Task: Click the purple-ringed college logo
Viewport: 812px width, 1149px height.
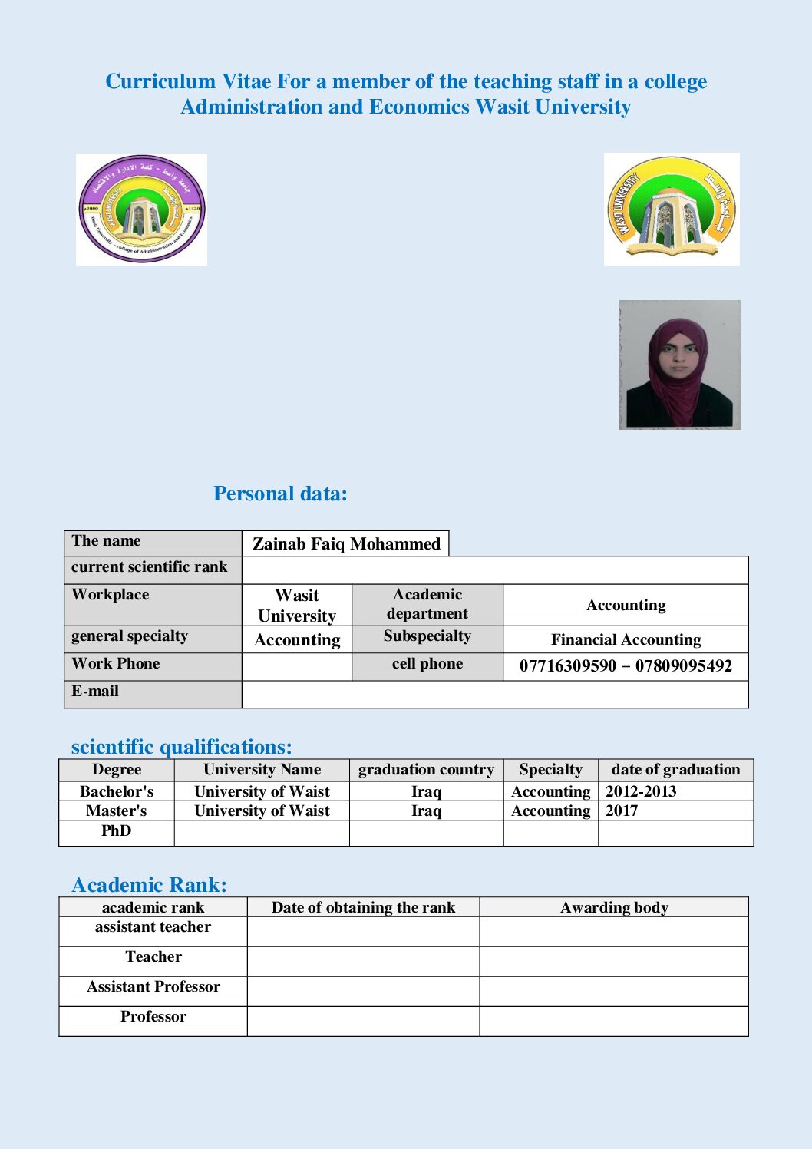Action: coord(141,209)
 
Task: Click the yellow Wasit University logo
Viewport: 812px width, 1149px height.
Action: coord(672,209)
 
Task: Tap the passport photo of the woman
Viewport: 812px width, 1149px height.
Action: coord(679,365)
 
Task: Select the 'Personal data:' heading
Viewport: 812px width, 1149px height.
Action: coord(280,494)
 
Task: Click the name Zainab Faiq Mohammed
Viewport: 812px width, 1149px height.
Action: coord(346,543)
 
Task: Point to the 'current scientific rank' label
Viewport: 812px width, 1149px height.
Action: coord(150,567)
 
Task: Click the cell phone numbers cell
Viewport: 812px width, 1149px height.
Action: coord(626,665)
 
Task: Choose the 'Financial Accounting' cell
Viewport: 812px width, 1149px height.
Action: coord(626,639)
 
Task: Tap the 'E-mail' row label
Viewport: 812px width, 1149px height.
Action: coord(95,692)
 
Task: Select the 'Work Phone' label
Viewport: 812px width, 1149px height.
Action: coord(116,664)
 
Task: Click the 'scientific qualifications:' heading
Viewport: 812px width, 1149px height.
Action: coord(181,747)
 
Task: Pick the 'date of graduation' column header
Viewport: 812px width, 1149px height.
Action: coord(675,770)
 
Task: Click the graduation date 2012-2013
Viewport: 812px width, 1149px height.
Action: coord(641,791)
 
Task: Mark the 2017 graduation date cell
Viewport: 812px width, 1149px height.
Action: coord(622,811)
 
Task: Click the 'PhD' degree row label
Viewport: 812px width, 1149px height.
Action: coord(117,831)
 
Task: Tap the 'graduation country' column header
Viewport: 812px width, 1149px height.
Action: coord(426,770)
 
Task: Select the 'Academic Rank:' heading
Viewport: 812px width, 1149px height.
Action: coord(149,885)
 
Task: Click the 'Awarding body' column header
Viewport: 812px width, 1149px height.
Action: coord(614,907)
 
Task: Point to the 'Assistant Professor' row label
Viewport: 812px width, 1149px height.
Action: coord(153,987)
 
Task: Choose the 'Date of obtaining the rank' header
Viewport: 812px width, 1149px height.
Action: coord(363,907)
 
